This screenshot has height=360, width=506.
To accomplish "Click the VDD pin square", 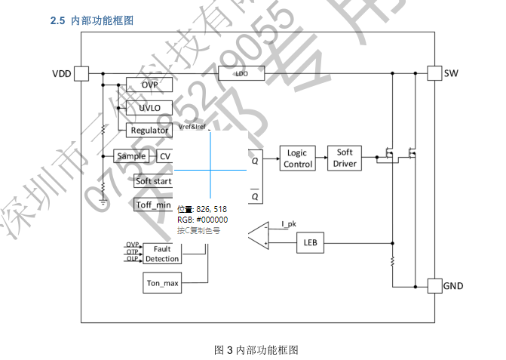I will click(x=81, y=73).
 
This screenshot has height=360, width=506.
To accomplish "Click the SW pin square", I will click(x=434, y=73).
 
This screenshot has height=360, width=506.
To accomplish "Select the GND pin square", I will click(x=434, y=286).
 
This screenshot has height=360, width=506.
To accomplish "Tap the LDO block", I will click(x=241, y=74).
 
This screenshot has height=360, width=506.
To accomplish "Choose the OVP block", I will click(x=149, y=85).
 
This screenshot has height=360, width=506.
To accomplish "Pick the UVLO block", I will click(x=149, y=108).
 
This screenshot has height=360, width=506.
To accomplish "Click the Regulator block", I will click(x=149, y=130).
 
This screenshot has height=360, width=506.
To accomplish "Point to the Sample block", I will click(x=131, y=156).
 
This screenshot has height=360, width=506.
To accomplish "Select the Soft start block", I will click(x=153, y=181).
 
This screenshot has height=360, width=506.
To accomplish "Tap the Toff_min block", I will click(x=153, y=205).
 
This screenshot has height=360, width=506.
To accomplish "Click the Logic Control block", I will click(x=298, y=158).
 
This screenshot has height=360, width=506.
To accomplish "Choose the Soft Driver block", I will click(x=345, y=158).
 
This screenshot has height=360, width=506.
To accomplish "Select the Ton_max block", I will click(x=162, y=284).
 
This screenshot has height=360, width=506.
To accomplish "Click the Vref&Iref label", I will click(x=192, y=127).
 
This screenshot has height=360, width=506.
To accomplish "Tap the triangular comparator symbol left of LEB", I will click(x=256, y=235).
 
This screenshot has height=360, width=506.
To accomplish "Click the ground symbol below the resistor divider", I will click(x=103, y=202).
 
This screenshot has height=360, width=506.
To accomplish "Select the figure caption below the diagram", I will click(x=256, y=349).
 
